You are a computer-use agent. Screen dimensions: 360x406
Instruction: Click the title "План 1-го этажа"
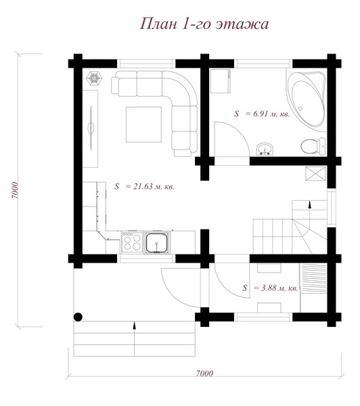tap(204, 24)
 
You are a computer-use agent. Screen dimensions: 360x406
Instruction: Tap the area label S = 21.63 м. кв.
tap(144, 187)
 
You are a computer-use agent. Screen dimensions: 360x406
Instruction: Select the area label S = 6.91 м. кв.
tap(262, 114)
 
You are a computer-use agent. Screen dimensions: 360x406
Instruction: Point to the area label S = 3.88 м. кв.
tap(270, 288)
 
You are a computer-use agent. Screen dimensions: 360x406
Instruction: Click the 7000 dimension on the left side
tap(16, 191)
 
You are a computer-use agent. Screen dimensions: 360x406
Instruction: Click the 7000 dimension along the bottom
tap(204, 374)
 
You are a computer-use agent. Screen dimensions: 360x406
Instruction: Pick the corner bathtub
tap(307, 100)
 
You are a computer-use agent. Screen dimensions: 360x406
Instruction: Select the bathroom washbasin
tap(265, 150)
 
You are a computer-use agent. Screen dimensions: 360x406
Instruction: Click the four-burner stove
tap(132, 242)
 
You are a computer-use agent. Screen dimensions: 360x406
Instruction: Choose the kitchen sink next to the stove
tap(157, 243)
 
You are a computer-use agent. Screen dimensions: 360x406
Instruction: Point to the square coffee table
tap(143, 125)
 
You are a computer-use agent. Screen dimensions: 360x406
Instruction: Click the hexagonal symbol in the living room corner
tap(94, 78)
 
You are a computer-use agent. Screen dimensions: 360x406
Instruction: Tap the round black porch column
tap(78, 317)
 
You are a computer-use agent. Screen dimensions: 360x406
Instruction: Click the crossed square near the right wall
tap(315, 173)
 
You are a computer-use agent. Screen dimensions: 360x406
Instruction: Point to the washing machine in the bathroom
tap(221, 81)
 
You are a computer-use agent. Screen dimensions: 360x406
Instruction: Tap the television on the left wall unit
tap(91, 128)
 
